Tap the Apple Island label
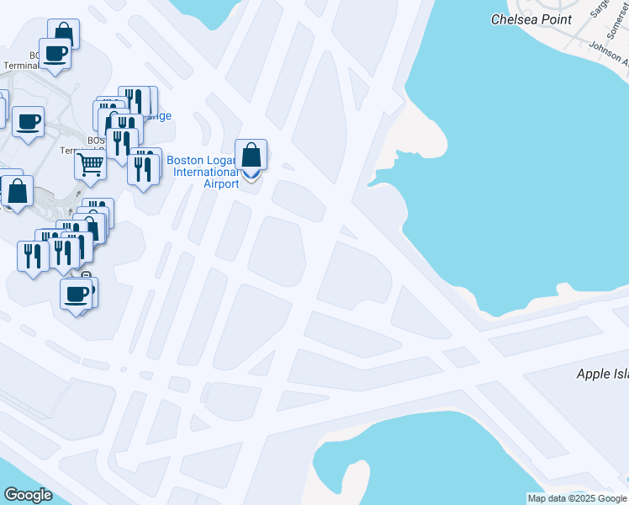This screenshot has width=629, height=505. [x=601, y=374]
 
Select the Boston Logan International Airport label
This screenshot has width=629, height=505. [x=204, y=172]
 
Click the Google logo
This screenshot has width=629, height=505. [x=28, y=495]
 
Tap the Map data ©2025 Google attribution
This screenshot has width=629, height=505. [x=577, y=498]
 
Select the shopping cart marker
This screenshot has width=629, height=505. [x=90, y=163]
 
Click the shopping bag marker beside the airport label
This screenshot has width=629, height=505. [x=251, y=155]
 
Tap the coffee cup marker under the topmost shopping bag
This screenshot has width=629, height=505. [x=55, y=53]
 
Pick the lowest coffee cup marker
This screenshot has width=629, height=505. [x=76, y=294]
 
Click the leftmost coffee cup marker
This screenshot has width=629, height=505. [x=27, y=121]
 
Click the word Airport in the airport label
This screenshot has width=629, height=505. [x=221, y=183]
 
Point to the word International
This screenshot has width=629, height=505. [x=205, y=172]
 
